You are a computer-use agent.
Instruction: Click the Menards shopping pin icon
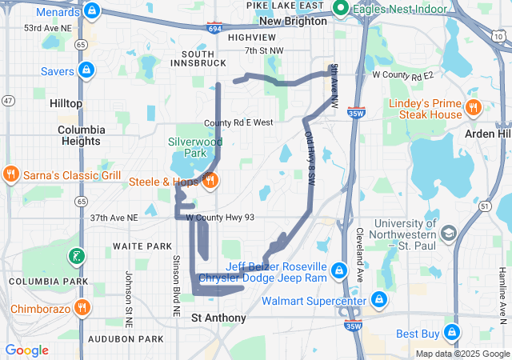[x=93, y=10]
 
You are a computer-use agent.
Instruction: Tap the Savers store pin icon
[x=86, y=70]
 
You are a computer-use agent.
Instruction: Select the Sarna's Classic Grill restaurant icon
[x=10, y=174]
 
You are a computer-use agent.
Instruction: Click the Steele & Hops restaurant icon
[x=210, y=181]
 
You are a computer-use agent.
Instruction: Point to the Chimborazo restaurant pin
[x=82, y=308]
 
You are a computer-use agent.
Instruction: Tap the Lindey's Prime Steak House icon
[x=473, y=108]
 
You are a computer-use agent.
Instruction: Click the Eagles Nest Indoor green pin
[x=341, y=9]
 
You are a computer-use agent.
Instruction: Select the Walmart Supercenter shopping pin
[x=378, y=300]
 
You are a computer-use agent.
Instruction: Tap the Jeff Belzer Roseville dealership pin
[x=339, y=270]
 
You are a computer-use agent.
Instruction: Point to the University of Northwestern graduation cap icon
[x=449, y=233]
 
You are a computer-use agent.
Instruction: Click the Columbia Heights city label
[x=80, y=135]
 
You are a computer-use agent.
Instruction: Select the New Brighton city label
[x=294, y=22]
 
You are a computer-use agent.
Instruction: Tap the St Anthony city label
[x=218, y=318]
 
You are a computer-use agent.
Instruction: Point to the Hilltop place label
[x=66, y=103]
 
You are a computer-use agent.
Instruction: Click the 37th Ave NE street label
[x=114, y=217]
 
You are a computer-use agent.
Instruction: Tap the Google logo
[x=27, y=350]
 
